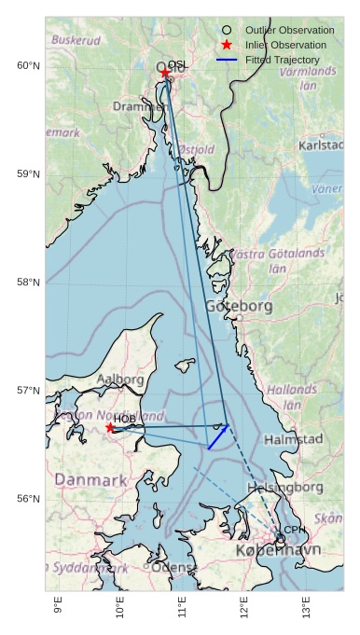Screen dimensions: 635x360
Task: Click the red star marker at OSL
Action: coord(165,73)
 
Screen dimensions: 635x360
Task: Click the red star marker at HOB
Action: coord(110,427)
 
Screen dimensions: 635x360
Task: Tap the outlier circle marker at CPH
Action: coord(281,538)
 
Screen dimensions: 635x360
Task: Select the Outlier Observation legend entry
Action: coord(289,30)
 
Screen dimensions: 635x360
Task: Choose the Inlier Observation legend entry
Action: coord(285,45)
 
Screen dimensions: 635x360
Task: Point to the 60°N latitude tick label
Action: coord(29,65)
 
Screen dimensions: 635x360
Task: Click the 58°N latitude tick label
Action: coord(29,283)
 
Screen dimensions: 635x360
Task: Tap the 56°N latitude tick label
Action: coord(29,499)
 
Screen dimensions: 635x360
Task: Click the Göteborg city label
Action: coord(239,306)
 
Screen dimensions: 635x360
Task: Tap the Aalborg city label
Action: coord(120,380)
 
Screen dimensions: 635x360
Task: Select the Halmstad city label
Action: coord(293,438)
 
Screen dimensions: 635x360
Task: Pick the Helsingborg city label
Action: coord(284,487)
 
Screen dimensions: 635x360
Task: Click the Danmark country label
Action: coord(90,479)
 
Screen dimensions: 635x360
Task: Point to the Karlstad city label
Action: coord(321,145)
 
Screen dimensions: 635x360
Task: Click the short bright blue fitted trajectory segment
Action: coord(218,437)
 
